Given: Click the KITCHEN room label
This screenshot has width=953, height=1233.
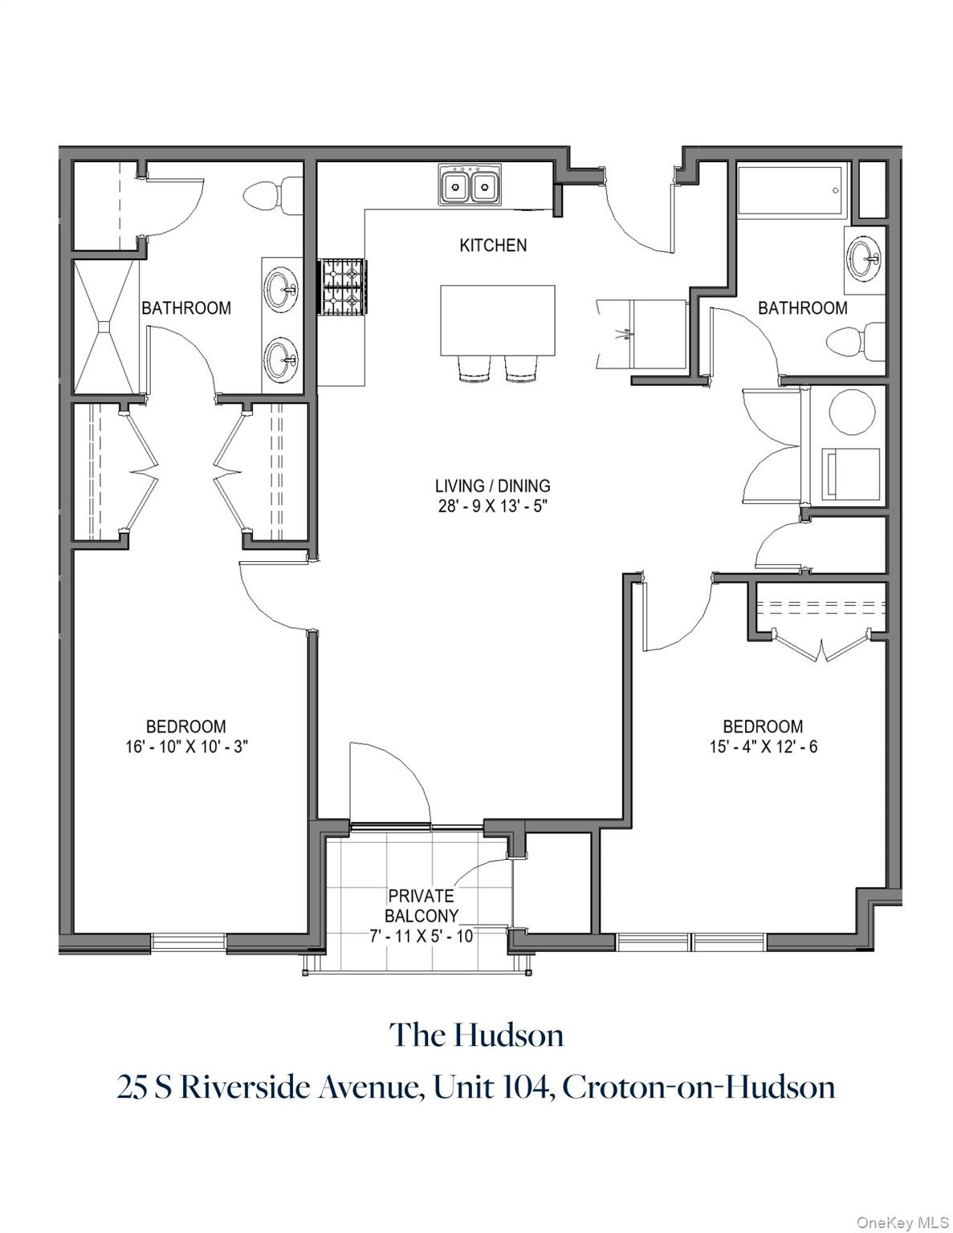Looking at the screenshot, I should coord(493,246).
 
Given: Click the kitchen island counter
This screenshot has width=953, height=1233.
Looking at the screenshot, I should coord(497,321).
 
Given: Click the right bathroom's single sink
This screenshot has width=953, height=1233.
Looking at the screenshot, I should coord(865,259).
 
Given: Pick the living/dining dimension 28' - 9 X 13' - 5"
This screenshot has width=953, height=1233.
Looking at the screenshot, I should coord(493,507).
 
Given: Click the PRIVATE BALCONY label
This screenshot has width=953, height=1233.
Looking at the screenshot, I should coord(422,905).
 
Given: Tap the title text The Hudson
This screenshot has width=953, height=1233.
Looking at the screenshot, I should coord(477,1036).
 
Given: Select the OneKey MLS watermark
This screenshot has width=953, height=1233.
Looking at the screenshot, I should coord(902,1222).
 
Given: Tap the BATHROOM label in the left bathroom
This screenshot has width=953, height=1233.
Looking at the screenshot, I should coord(186,308).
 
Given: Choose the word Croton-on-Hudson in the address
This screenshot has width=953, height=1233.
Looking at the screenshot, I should coord(698,1088).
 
